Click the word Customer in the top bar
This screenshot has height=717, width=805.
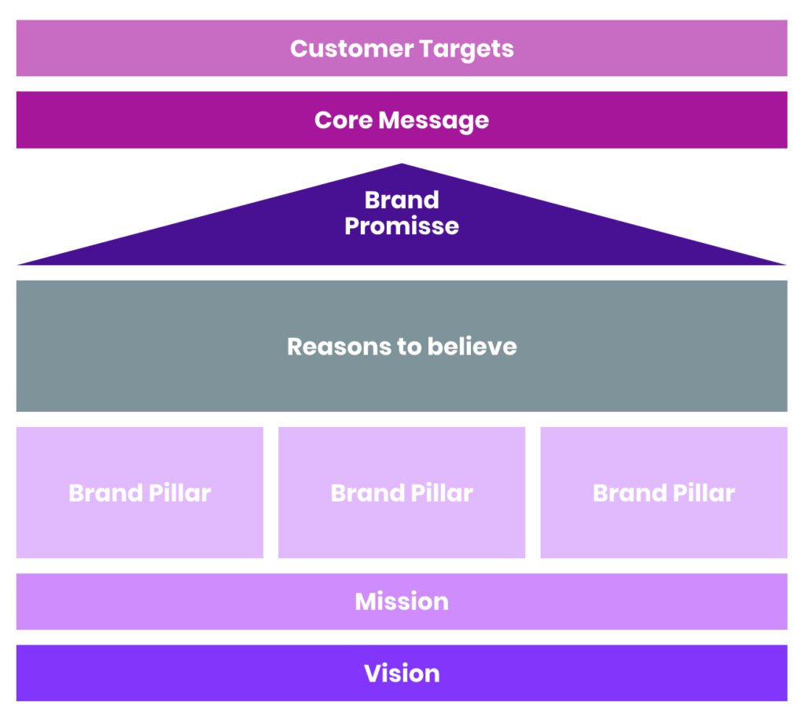(351, 49)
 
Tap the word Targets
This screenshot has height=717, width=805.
(466, 50)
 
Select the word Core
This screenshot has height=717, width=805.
(344, 120)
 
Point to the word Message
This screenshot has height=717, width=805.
(434, 121)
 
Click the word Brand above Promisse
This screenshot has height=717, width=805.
(402, 200)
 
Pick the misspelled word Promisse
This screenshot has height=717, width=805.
(402, 226)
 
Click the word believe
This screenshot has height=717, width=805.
(472, 347)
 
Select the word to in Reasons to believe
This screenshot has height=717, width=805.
(410, 347)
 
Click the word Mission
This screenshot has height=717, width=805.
(402, 601)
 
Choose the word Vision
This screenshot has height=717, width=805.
(402, 673)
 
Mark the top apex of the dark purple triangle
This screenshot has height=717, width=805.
(402, 164)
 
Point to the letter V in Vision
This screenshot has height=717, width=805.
(373, 674)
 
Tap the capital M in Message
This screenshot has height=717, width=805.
(391, 120)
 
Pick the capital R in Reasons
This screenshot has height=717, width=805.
(296, 347)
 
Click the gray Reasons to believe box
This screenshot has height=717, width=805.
(402, 346)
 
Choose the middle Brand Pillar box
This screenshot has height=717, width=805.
(402, 493)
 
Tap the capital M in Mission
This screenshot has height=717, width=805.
(368, 601)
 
